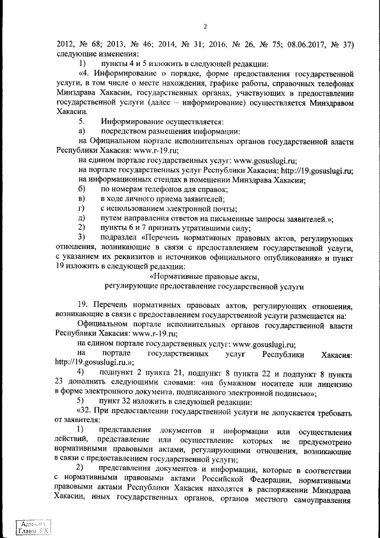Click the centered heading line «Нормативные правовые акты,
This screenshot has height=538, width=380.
click(x=205, y=276)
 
